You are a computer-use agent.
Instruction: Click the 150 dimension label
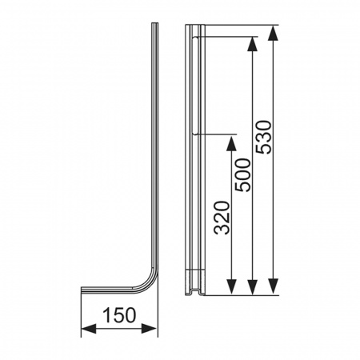(119, 315)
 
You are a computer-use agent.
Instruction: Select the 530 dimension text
(263, 137)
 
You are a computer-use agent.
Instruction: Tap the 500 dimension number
(242, 175)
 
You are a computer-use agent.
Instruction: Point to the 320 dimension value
(222, 218)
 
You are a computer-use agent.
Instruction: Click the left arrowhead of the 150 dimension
(88, 329)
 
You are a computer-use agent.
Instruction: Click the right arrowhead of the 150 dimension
(150, 329)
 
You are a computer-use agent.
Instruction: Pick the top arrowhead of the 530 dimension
(273, 33)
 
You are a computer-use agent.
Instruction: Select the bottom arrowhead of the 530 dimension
(273, 286)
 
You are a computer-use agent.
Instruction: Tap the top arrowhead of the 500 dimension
(252, 43)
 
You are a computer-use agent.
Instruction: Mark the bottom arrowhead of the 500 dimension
(252, 287)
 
